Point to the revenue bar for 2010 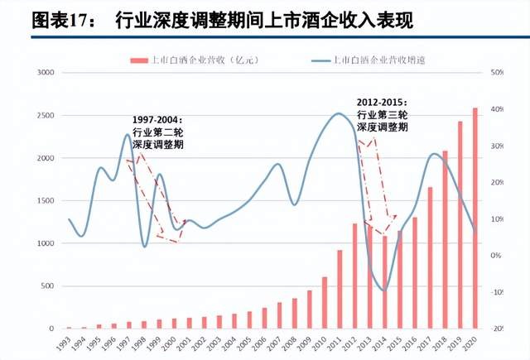click(x=325, y=302)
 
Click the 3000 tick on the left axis click(x=44, y=73)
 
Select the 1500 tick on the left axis click(x=44, y=201)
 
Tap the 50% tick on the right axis click(x=498, y=73)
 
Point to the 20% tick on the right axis click(x=498, y=182)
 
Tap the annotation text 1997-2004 click(x=157, y=120)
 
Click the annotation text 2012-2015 click(x=382, y=102)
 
